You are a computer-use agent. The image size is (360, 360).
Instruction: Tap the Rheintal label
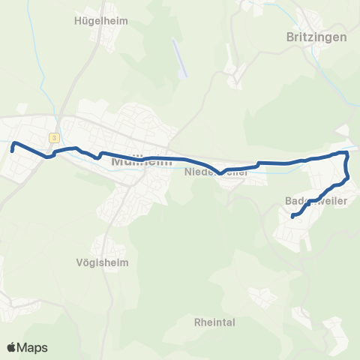214,322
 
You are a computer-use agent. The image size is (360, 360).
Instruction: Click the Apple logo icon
12,347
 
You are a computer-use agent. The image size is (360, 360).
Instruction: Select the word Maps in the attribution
33,348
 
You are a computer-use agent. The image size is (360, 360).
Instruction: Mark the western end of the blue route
13,151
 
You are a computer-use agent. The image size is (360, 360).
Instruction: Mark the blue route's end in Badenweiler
292,217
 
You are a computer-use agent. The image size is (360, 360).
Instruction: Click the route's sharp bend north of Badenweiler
346,153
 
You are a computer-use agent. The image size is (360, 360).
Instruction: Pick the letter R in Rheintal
197,322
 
